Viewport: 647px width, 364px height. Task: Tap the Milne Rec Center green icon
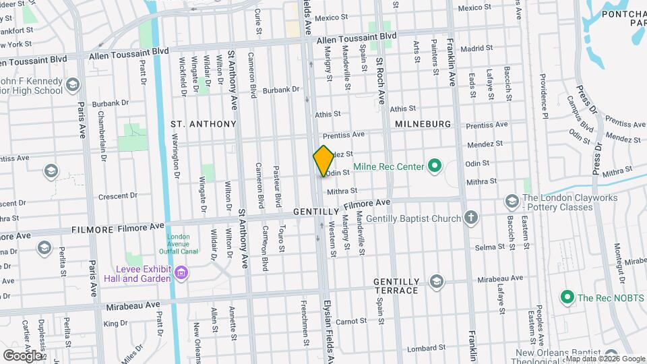pos(434,166)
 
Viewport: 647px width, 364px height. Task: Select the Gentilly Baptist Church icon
pos(470,218)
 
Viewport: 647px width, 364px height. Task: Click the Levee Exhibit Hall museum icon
pos(180,272)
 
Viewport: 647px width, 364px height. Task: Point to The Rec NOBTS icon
pos(567,297)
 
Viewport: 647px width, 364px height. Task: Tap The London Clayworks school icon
pos(512,202)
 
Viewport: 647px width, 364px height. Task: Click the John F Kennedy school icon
pos(73,85)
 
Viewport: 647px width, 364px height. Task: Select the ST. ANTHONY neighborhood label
pos(203,124)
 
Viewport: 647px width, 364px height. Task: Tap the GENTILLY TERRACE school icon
pos(436,281)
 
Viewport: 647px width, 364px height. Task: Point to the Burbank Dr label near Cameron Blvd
pos(280,90)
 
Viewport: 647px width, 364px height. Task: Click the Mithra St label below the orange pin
pos(341,191)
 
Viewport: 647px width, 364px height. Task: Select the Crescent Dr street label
pos(117,196)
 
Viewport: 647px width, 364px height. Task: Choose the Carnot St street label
pos(350,322)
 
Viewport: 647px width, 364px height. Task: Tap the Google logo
pos(22,355)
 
